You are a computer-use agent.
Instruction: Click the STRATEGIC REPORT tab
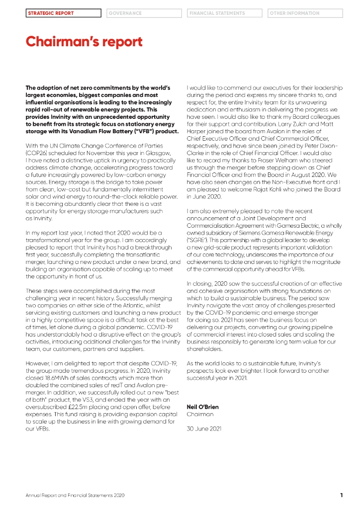point(63,13)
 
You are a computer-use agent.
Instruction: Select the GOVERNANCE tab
point(143,13)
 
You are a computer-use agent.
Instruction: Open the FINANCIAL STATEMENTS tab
point(225,13)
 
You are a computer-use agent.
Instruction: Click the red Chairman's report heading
point(84,42)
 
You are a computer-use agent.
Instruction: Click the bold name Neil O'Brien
point(202,407)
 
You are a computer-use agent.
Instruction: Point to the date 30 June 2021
point(204,428)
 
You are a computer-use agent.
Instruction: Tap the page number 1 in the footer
point(342,495)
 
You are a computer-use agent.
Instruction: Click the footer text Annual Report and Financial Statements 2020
point(75,496)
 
